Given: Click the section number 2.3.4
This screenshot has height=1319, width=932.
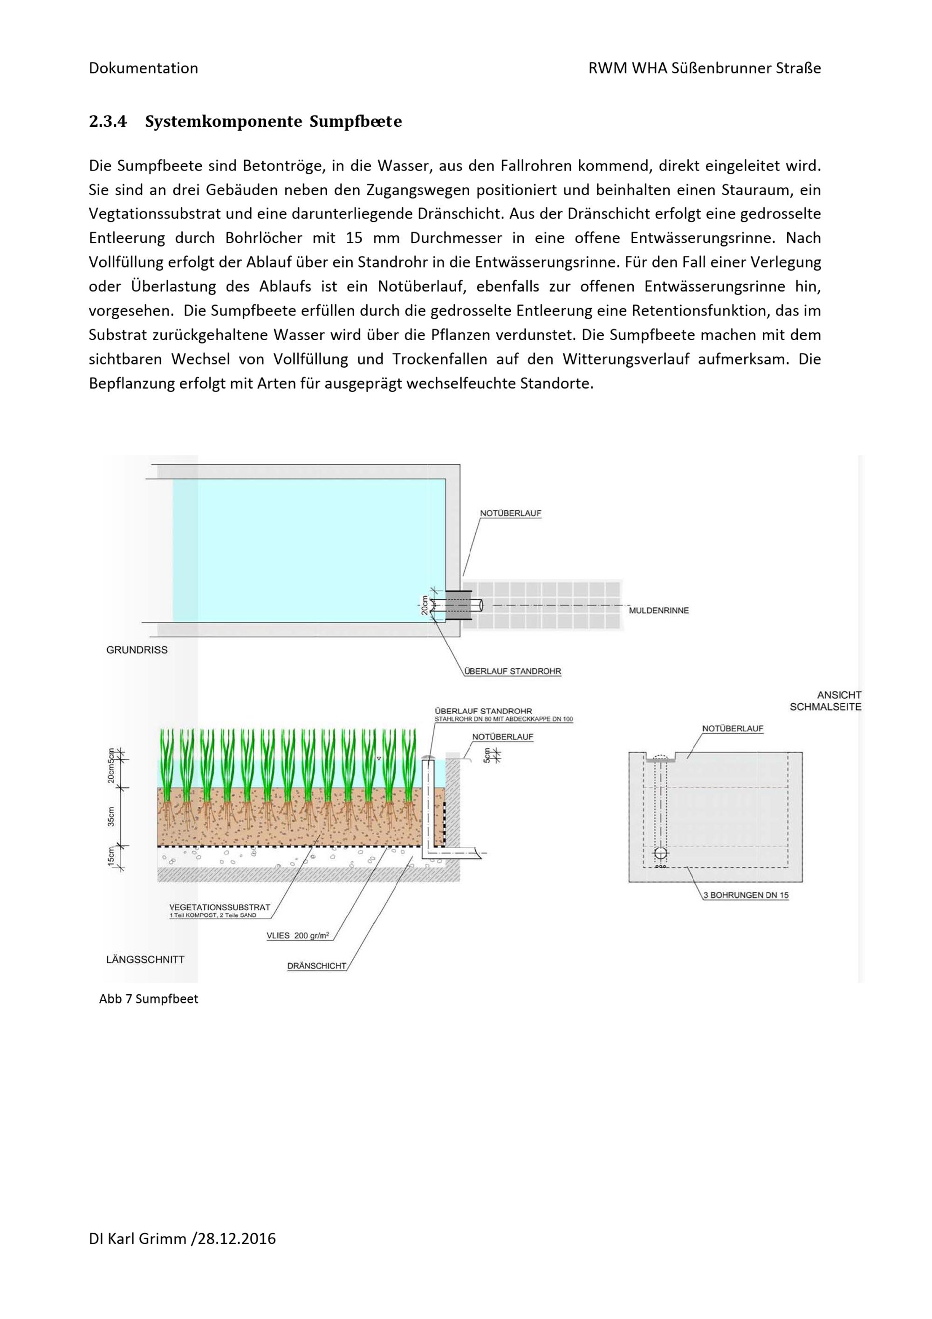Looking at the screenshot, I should pos(107,122).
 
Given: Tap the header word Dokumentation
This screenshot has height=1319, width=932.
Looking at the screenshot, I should pos(143,69).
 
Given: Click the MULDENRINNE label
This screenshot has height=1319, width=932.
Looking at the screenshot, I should pos(658,611).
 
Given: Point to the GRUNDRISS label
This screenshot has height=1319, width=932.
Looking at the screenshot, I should pos(137,650).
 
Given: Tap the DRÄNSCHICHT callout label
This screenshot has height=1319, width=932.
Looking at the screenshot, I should pos(316,966).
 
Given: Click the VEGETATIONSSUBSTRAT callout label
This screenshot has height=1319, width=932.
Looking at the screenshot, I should pos(219,907).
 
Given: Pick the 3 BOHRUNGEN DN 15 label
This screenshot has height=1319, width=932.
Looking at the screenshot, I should pos(746,895).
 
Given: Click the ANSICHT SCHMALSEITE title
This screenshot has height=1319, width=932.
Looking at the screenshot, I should pos(825,701).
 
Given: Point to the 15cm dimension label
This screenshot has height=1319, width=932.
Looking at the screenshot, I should pos(111,857).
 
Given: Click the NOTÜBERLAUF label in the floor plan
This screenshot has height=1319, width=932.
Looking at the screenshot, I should pos(511,514).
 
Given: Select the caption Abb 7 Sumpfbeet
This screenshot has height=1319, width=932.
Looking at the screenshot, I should pos(149,999).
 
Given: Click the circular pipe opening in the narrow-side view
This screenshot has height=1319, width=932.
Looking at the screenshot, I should pos(661,852).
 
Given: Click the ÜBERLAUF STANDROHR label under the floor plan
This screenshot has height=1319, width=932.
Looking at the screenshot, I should pos(512,671).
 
